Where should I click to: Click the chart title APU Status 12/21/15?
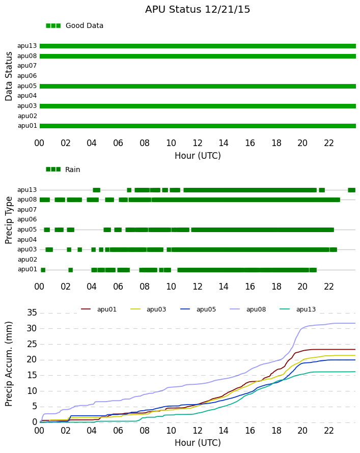[x=198, y=9]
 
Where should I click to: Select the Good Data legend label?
[x=85, y=25]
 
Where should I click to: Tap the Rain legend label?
[x=72, y=169]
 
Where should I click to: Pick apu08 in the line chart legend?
[x=256, y=309]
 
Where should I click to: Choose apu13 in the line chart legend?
[x=306, y=309]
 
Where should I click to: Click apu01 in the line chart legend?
[x=106, y=309]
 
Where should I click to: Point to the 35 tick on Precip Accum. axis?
[x=32, y=313]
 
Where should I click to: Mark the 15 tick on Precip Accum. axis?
[x=32, y=375]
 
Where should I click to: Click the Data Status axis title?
[x=9, y=76]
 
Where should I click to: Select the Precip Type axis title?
[x=9, y=220]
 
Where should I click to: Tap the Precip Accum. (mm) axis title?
[x=9, y=364]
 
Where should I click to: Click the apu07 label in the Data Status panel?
[x=27, y=66]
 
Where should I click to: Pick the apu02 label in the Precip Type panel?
[x=27, y=260]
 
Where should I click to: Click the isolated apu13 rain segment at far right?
[x=352, y=190]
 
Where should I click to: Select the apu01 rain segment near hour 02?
[x=70, y=270]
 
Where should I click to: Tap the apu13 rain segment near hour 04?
[x=97, y=190]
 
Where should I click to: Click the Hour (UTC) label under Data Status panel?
[x=198, y=156]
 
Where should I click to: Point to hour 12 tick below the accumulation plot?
[x=198, y=431]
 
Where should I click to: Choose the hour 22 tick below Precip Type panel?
[x=329, y=287]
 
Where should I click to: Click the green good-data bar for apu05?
[x=198, y=86]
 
